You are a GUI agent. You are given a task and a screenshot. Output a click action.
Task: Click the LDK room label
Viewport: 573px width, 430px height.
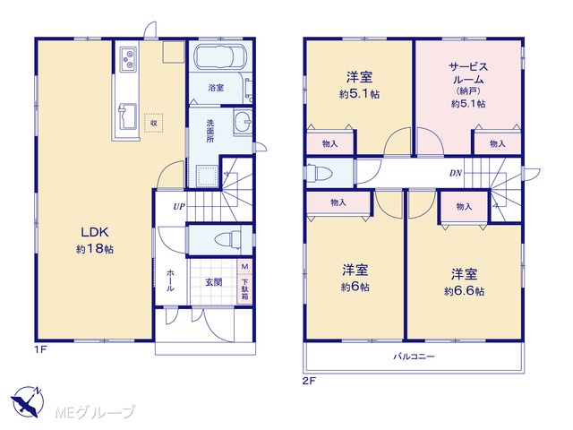click(x=95, y=232)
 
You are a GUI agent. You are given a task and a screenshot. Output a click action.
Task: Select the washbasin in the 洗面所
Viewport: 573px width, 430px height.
click(x=243, y=122)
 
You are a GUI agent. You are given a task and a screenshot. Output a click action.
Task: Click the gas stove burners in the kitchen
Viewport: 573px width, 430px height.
click(x=128, y=59)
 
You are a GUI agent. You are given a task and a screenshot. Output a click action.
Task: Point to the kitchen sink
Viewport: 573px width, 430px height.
click(x=127, y=116)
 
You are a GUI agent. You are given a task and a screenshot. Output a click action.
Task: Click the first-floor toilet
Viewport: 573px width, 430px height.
click(x=227, y=240)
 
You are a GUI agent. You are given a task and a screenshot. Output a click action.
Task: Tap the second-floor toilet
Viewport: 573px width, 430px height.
click(x=319, y=172)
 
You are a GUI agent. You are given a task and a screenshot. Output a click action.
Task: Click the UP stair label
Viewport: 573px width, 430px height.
click(x=179, y=207)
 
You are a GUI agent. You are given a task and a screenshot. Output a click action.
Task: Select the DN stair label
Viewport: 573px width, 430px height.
click(x=456, y=173)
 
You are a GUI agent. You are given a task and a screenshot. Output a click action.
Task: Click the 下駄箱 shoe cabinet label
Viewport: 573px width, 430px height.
click(x=244, y=288)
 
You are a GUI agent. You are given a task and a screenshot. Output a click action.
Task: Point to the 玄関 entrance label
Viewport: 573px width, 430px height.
click(x=213, y=282)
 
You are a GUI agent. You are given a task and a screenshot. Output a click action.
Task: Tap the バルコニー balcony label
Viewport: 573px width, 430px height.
click(x=414, y=357)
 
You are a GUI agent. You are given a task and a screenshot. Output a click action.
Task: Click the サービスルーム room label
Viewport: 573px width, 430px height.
click(x=468, y=73)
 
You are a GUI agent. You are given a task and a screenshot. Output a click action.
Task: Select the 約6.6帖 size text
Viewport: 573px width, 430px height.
click(x=464, y=291)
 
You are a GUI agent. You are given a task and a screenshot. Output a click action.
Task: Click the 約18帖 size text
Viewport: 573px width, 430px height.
click(x=95, y=249)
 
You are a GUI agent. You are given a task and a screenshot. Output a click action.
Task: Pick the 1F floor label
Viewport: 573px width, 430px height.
click(x=40, y=349)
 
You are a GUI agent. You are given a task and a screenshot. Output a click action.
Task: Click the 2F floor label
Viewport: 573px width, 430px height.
click(x=309, y=381)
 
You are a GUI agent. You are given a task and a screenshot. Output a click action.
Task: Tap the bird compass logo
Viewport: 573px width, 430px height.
click(x=28, y=401)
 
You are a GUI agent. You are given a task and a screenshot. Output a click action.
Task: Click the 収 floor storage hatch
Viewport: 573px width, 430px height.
click(x=154, y=123)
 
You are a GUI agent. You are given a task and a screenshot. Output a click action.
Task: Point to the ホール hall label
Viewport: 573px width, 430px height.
click(x=170, y=280)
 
